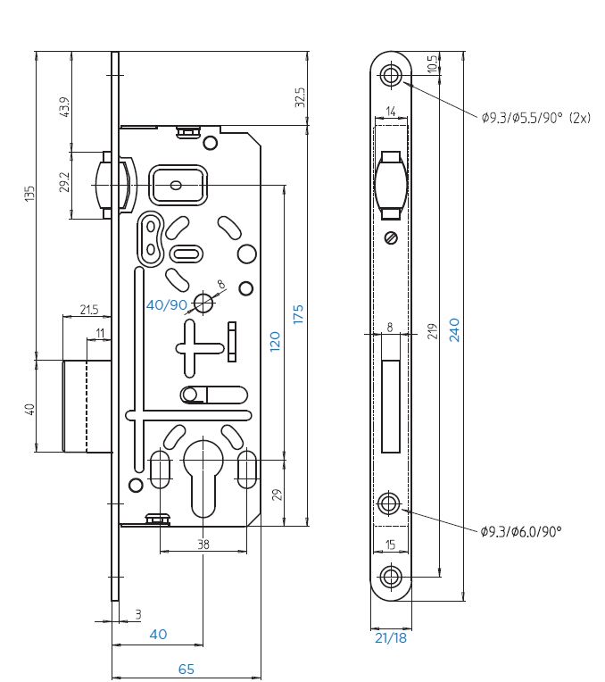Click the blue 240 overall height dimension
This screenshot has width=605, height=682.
[454, 329]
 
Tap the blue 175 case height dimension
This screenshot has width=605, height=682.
[298, 314]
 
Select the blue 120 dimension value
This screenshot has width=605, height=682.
[275, 341]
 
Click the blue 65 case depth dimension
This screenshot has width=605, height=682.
[186, 669]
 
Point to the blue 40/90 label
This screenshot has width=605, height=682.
[167, 305]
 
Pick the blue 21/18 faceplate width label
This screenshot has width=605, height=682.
[391, 638]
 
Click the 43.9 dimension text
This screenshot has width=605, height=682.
[64, 107]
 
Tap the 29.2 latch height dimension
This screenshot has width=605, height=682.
[64, 182]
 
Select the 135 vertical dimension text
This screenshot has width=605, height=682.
[29, 194]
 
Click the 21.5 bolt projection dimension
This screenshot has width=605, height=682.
[89, 310]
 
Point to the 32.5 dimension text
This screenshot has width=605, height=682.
[300, 97]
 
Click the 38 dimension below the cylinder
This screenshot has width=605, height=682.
[203, 545]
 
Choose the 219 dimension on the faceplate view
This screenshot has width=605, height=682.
[432, 331]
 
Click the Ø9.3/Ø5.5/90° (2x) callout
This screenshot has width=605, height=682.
[536, 118]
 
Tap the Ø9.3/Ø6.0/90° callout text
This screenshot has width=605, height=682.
[521, 531]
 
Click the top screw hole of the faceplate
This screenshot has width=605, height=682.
[391, 75]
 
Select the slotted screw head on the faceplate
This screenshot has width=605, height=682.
[391, 238]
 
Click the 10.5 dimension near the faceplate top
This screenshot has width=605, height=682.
[432, 64]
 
